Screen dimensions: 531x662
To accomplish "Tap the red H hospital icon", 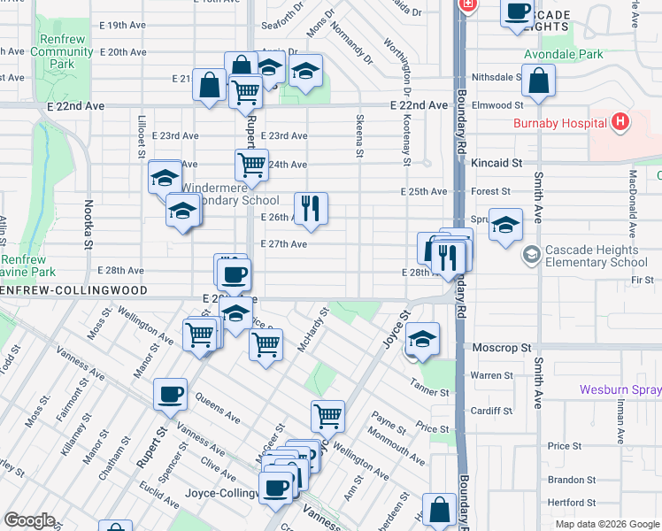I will point(621,121).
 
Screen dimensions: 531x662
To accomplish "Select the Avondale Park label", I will point(563,54).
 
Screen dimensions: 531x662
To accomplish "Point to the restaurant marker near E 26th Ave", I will point(310,209).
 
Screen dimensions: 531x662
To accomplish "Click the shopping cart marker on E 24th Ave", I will point(251,164).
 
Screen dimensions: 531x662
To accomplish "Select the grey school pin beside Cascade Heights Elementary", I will point(531,255).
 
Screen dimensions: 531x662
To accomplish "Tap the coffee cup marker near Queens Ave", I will point(170,395).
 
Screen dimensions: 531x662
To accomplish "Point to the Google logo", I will point(29,520).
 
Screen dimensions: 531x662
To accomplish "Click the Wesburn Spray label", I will point(620,389).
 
